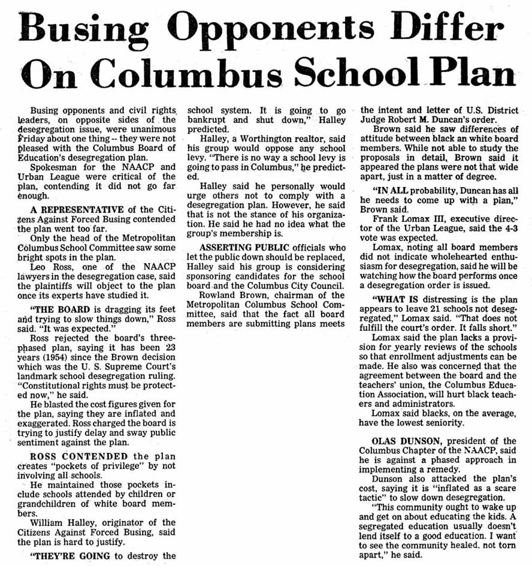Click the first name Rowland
pyautogui.click(x=214, y=296)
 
